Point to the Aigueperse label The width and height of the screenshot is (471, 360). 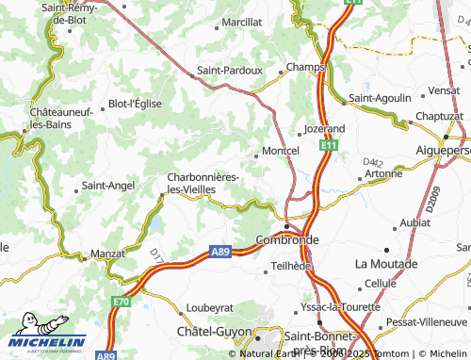pyautogui.click(x=443, y=150)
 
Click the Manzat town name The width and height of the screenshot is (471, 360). pyautogui.click(x=106, y=254)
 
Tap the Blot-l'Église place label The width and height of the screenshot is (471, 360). pyautogui.click(x=136, y=104)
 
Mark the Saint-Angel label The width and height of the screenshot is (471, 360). pyautogui.click(x=108, y=186)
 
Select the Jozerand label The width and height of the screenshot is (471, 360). pyautogui.click(x=325, y=128)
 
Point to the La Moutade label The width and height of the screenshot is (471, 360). pyautogui.click(x=385, y=263)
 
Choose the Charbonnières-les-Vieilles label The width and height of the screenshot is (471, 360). pyautogui.click(x=203, y=183)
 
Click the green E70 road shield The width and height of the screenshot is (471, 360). pyautogui.click(x=121, y=301)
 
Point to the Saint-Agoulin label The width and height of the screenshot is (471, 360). pyautogui.click(x=380, y=97)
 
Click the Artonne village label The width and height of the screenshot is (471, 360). pyautogui.click(x=382, y=173)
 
